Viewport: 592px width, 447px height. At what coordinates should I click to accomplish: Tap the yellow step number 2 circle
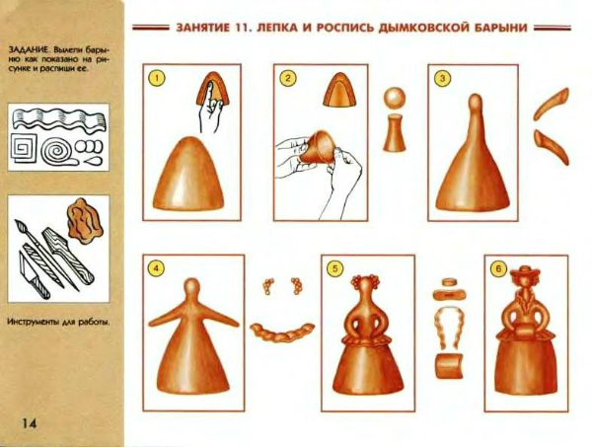pos(288,78)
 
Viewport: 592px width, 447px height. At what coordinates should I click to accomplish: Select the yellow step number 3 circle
pos(442,78)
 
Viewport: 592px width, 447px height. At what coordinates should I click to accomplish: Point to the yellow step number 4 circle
pos(156,268)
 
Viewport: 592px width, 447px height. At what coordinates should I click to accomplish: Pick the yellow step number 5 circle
pos(334,268)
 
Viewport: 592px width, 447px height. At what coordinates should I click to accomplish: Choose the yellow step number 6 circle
pos(498,268)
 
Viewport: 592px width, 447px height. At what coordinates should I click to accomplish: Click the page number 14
pos(29,423)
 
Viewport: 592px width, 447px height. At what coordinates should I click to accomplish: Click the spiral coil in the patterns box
pos(57,152)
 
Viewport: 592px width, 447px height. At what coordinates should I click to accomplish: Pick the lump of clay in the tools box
pos(85,220)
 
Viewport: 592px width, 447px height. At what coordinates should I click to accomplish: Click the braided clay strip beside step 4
pos(281,332)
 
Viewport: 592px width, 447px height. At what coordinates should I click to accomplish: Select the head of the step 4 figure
pos(192,286)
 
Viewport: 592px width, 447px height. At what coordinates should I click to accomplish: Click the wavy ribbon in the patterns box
pos(59,120)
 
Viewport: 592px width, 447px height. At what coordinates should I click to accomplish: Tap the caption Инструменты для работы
pos(58,322)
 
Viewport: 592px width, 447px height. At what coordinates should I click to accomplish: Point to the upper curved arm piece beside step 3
pos(552,104)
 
